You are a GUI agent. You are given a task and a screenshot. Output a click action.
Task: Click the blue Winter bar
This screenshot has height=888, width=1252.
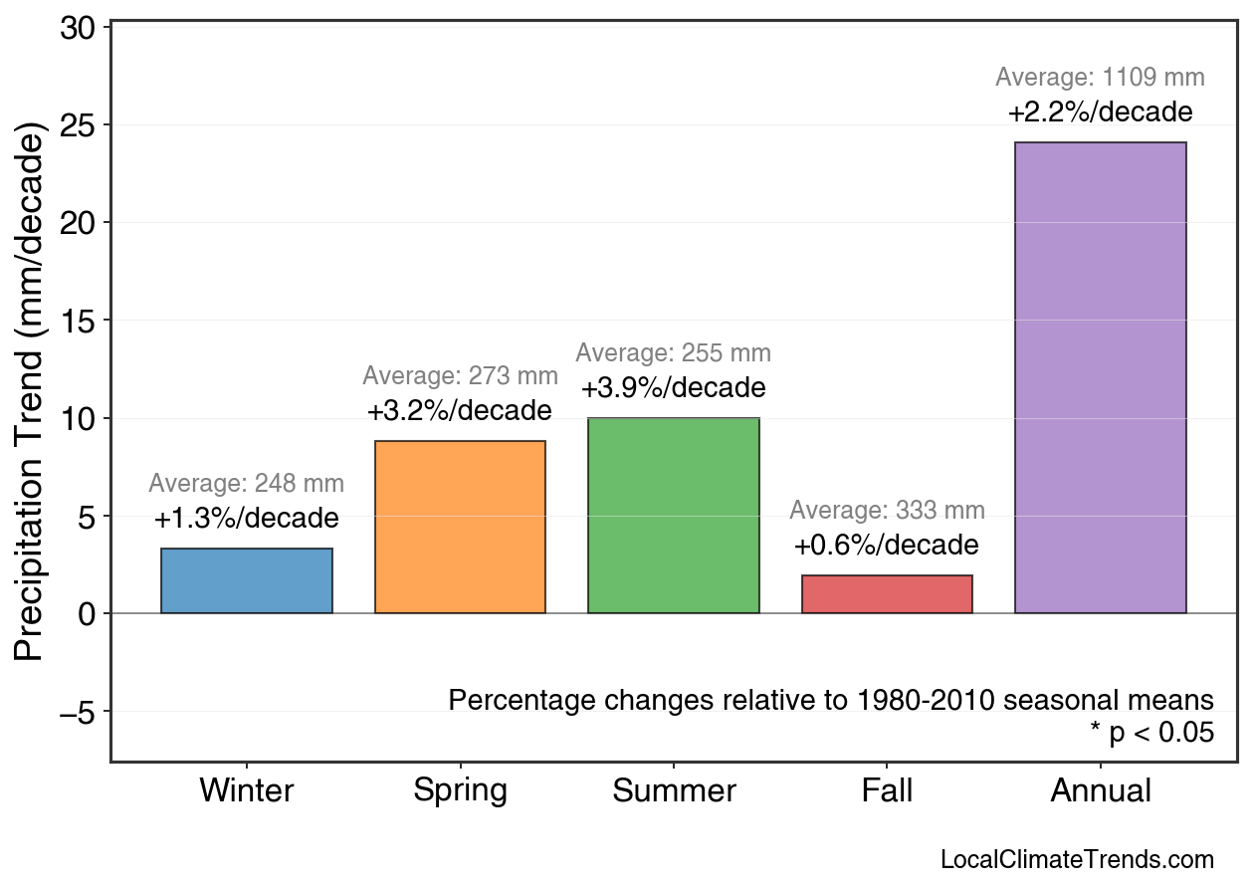tap(246, 580)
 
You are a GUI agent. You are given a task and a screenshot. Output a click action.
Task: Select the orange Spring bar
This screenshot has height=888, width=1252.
tap(460, 527)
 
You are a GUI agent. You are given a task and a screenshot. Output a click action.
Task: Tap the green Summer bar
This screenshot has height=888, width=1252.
tap(674, 516)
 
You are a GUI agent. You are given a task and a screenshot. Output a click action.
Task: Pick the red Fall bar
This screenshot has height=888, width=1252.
tap(887, 594)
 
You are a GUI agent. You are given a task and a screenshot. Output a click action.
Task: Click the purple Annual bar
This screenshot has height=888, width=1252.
tap(1100, 377)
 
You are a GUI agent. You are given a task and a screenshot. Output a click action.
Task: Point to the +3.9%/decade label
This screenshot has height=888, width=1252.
tap(674, 387)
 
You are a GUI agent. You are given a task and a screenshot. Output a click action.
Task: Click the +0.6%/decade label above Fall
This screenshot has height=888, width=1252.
tap(887, 546)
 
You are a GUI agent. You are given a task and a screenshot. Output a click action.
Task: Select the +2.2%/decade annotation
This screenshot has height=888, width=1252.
tap(1100, 111)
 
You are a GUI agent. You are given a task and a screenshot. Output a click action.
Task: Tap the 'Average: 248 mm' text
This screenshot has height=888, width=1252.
tap(246, 484)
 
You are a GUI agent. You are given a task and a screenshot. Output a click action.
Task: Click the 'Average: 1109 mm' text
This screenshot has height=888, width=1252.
tap(1100, 78)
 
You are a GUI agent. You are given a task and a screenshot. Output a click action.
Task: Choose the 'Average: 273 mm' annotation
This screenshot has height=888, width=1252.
tap(460, 376)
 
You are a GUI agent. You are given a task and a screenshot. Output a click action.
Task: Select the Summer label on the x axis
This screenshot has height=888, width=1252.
tap(674, 791)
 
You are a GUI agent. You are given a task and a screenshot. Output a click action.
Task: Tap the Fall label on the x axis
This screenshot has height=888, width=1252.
tap(887, 791)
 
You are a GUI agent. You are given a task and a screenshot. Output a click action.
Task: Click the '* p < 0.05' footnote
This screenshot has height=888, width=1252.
tap(1151, 733)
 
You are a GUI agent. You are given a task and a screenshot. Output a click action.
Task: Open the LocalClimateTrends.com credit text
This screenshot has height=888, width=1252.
tap(1077, 860)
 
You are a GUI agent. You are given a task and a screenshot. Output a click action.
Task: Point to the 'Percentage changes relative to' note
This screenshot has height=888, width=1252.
tap(831, 700)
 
